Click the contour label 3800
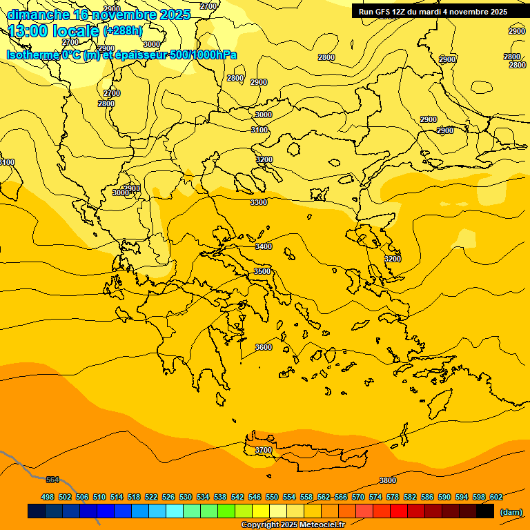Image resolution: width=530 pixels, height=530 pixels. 388,480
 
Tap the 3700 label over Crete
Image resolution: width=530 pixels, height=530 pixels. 264,450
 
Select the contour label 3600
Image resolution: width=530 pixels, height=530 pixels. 264,347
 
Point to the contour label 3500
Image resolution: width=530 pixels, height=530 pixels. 262,271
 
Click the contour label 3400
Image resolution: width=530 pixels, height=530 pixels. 264,246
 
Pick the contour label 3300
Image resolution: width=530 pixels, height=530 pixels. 259,202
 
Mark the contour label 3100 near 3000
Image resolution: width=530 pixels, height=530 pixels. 259,130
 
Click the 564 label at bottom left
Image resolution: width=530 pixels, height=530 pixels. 52,480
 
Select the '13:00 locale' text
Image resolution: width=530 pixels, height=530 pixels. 53,31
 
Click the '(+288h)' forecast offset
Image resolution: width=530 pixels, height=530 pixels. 123,31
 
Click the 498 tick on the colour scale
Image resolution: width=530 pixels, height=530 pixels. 48,497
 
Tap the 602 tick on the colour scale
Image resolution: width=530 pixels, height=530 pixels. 496,497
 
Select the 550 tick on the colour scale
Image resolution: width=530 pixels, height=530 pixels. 272,497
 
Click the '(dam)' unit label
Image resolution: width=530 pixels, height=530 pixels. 511,511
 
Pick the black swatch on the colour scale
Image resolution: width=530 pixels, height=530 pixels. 485,511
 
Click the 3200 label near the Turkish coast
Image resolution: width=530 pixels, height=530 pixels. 392,259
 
